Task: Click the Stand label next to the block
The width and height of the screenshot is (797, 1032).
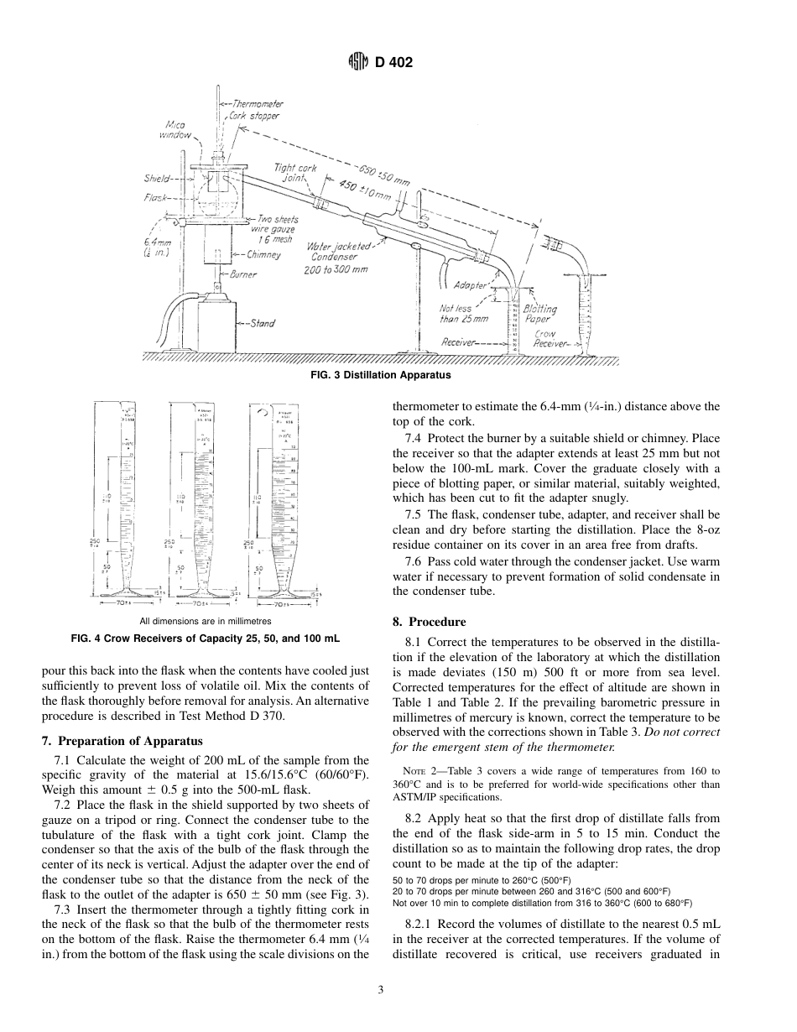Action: [x=262, y=323]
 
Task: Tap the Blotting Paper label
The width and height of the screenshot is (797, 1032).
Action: [x=539, y=314]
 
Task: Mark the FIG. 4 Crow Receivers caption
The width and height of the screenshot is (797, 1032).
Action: [x=206, y=638]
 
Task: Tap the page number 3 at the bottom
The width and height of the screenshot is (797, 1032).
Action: [x=380, y=990]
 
